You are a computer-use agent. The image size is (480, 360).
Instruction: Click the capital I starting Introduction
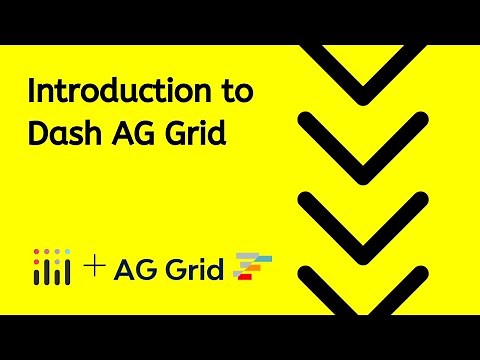point(31,93)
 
